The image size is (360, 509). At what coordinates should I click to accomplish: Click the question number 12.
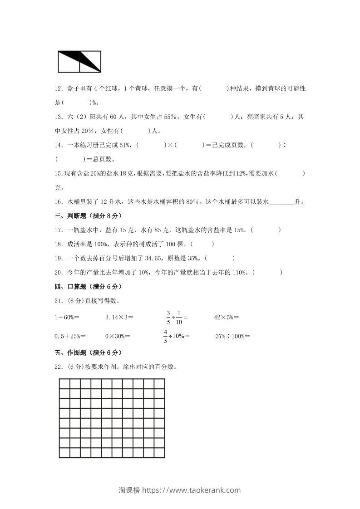[58, 89]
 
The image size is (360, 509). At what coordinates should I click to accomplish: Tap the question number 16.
[58, 202]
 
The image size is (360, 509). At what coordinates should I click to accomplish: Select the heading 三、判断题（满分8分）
[88, 216]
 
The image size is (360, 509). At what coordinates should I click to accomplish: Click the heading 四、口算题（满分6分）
[88, 287]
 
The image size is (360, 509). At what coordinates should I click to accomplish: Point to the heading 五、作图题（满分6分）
[88, 352]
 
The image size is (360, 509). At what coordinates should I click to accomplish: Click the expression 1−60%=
[67, 318]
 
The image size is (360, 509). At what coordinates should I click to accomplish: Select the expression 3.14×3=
[119, 318]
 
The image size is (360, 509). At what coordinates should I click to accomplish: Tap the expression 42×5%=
[227, 318]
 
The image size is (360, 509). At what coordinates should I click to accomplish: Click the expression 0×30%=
[118, 336]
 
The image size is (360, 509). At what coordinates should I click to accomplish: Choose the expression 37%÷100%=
[232, 336]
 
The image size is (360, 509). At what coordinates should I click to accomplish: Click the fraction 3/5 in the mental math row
[168, 318]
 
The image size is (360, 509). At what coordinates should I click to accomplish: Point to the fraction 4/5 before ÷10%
[166, 336]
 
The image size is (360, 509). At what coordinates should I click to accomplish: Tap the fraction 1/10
[179, 318]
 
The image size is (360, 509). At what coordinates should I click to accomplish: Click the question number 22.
[58, 367]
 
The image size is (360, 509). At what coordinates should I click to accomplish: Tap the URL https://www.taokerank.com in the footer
[192, 490]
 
